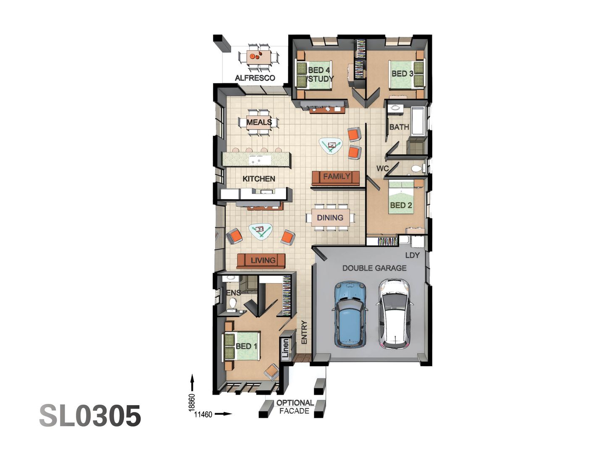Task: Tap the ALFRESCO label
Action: point(255,78)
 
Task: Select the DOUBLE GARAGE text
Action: point(374,268)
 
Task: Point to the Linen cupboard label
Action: point(286,348)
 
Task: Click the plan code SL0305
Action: point(90,416)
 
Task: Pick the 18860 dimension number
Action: point(192,402)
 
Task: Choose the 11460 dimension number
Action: point(203,414)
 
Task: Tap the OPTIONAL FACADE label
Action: point(295,407)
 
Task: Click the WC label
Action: point(382,168)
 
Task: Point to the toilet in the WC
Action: point(416,169)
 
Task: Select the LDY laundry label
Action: point(412,255)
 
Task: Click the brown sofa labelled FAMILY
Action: point(336,177)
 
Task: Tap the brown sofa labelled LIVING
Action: point(261,260)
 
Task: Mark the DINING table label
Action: point(330,218)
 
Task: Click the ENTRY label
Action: point(304,332)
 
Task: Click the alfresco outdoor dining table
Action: point(259,56)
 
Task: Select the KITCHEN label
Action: point(259,179)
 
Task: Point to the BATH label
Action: point(399,127)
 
